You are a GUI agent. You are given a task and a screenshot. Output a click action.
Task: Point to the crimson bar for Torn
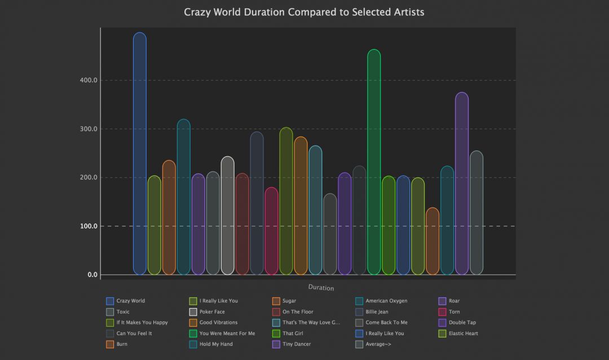coord(271,231)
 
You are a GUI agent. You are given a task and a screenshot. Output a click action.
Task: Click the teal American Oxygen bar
coord(184,197)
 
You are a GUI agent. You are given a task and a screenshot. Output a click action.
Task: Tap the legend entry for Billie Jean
coord(378,311)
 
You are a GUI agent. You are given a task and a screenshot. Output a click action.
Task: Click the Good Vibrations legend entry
coord(217,322)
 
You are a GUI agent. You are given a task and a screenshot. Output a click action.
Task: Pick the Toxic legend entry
coord(123,311)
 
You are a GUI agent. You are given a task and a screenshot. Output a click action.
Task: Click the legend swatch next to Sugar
coord(276,301)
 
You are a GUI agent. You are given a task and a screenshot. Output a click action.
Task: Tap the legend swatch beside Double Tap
coord(442,322)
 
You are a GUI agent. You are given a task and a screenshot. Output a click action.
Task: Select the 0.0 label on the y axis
coord(92,275)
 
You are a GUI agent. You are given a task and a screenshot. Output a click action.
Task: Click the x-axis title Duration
coord(321,288)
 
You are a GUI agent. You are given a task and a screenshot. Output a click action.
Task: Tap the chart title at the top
coord(304,12)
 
